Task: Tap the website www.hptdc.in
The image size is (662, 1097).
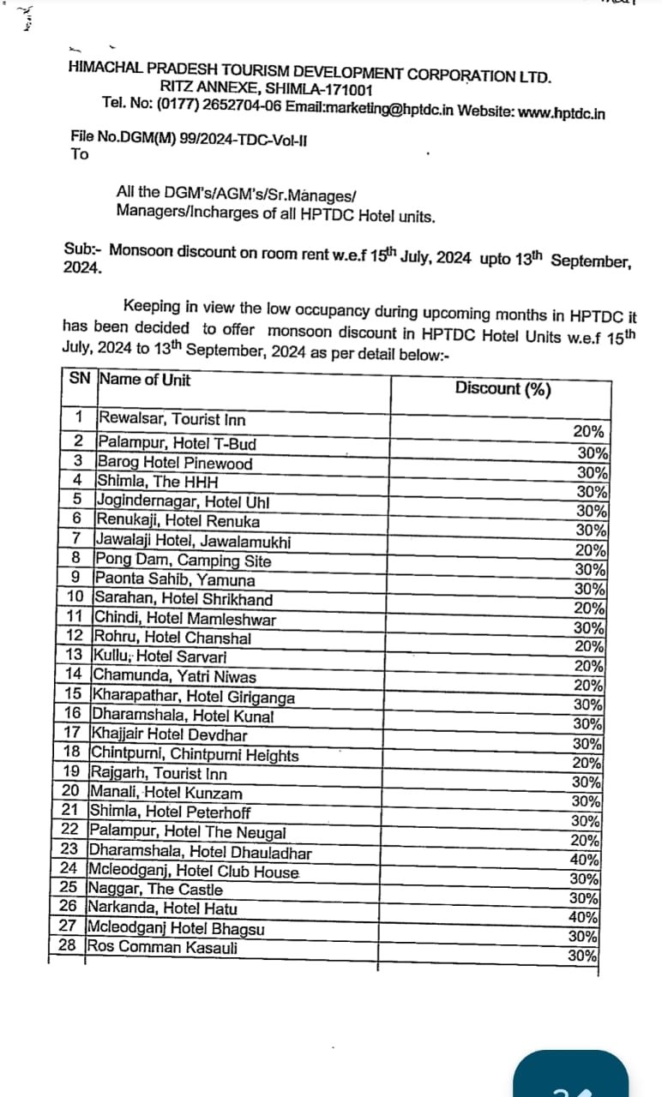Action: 562,112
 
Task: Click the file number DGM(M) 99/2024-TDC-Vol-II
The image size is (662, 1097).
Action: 189,137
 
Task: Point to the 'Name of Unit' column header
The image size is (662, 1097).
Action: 145,380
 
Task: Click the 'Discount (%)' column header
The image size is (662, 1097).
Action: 503,388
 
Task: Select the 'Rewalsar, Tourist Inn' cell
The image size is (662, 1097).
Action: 172,419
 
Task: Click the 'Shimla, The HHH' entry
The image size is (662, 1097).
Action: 149,482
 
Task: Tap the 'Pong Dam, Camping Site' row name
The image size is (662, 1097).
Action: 184,561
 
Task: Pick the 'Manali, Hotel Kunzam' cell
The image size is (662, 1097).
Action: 165,794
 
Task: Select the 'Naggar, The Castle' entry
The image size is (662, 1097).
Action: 154,890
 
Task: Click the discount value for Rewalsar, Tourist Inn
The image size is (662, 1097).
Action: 588,433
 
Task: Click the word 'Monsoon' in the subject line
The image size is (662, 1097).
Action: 141,250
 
